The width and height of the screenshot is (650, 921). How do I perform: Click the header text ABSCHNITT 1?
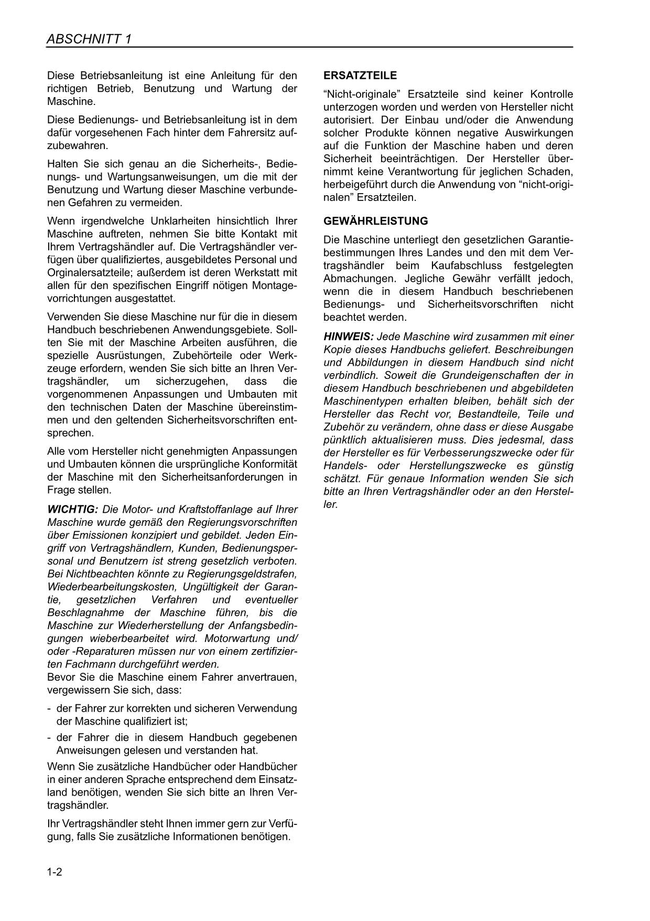(89, 39)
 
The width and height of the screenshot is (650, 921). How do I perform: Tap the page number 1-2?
(55, 872)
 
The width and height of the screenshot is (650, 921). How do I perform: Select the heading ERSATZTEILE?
(360, 76)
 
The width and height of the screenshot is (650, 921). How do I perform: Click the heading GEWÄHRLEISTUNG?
(375, 221)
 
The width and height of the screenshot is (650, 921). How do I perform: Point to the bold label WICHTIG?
(72, 510)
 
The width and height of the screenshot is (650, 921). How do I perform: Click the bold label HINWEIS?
(349, 336)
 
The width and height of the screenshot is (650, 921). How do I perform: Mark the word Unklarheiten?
(166, 221)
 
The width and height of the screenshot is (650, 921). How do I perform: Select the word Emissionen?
(99, 535)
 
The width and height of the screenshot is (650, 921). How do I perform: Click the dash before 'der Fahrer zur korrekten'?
(49, 708)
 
